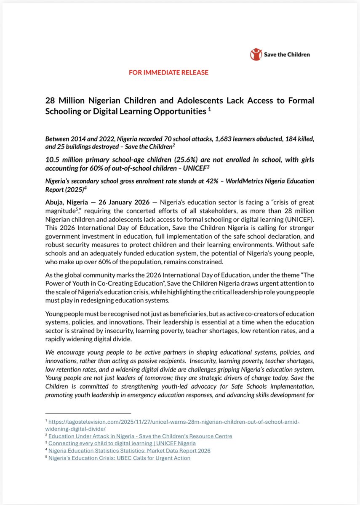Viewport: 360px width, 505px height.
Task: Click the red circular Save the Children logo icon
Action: click(x=256, y=54)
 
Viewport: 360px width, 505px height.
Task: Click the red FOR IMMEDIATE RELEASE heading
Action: click(x=168, y=72)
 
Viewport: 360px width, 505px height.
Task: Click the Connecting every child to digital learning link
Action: click(x=122, y=443)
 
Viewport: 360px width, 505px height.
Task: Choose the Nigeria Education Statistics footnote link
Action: click(x=129, y=450)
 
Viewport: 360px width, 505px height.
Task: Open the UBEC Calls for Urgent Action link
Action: click(x=119, y=458)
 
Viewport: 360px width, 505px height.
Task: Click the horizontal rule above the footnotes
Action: click(x=88, y=414)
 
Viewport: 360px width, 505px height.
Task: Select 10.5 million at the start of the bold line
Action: click(x=64, y=160)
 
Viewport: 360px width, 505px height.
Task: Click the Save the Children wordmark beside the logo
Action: click(x=287, y=54)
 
